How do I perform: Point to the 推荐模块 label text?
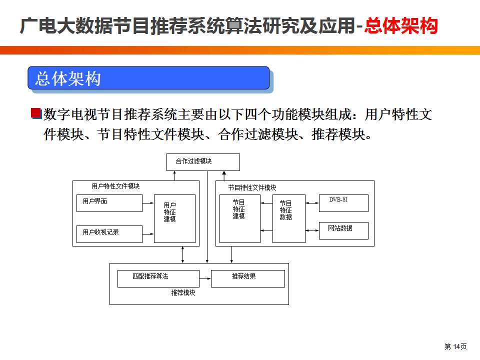pyautogui.click(x=183, y=293)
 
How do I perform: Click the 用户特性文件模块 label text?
pyautogui.click(x=115, y=186)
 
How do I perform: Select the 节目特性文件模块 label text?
pyautogui.click(x=252, y=187)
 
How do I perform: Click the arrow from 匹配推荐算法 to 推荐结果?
pyautogui.click(x=205, y=278)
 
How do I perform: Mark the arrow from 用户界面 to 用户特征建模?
pyautogui.click(x=148, y=203)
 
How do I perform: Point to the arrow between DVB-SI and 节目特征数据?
pyautogui.click(x=312, y=203)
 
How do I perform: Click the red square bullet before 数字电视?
pyautogui.click(x=36, y=113)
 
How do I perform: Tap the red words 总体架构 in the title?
pyautogui.click(x=401, y=25)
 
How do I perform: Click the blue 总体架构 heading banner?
pyautogui.click(x=149, y=78)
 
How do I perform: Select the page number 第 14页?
pyautogui.click(x=455, y=346)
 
